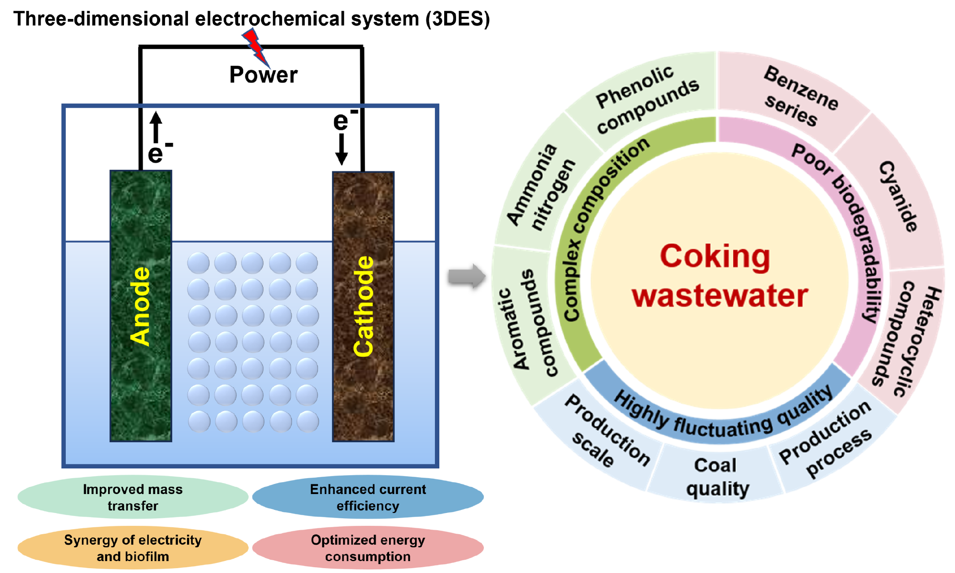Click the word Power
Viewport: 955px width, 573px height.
click(x=263, y=75)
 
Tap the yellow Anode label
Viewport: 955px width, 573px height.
click(x=140, y=306)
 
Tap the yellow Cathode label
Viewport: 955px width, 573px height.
click(x=364, y=306)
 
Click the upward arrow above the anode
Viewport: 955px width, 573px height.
click(x=156, y=127)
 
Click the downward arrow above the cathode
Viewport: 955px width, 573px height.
click(x=341, y=150)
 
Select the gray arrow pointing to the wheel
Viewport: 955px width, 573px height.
click(x=467, y=277)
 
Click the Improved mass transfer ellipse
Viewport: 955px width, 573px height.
click(x=133, y=497)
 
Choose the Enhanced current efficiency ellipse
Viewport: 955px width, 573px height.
click(x=368, y=497)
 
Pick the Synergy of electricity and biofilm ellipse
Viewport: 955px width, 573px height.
click(x=133, y=548)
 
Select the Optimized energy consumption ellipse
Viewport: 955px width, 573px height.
click(x=368, y=548)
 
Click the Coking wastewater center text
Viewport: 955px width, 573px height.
click(x=719, y=276)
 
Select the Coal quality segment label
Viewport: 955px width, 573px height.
click(x=717, y=477)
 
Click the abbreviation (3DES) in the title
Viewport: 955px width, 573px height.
click(x=458, y=19)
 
